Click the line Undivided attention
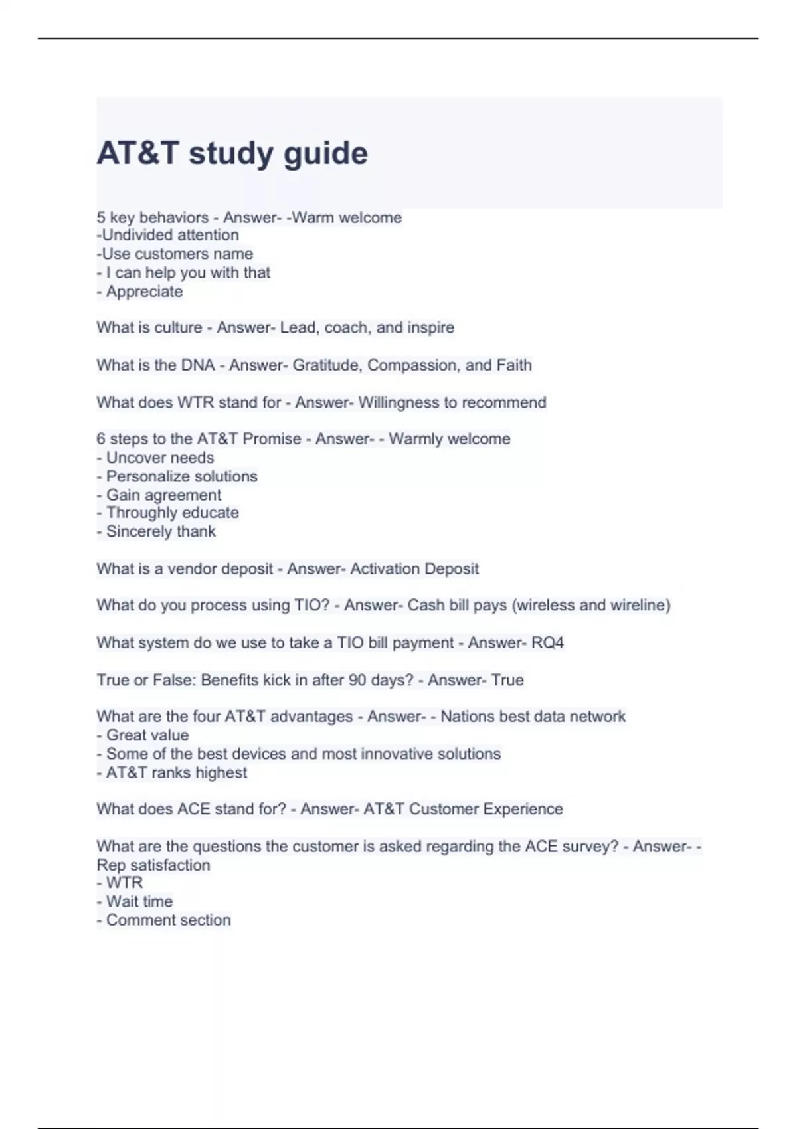point(168,235)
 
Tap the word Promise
point(272,439)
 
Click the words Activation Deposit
point(414,569)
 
